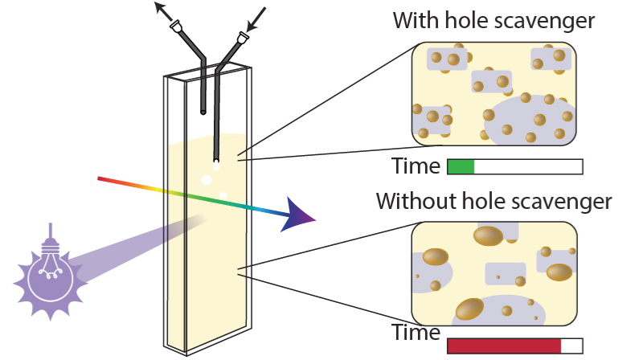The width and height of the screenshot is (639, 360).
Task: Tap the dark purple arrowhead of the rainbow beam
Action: [299, 216]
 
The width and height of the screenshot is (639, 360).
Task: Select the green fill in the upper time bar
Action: [461, 166]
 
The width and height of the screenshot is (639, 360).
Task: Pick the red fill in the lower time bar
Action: [503, 346]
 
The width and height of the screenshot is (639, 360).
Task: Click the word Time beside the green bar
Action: [416, 166]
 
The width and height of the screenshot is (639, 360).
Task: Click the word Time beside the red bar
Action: [416, 333]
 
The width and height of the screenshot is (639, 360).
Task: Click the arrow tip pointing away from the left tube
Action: [159, 6]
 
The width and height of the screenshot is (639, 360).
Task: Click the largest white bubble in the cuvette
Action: [207, 179]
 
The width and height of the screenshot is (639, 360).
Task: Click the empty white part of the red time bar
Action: [571, 346]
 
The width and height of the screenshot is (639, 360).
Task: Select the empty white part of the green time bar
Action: [527, 166]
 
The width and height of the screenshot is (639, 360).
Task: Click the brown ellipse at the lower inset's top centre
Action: [487, 235]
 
